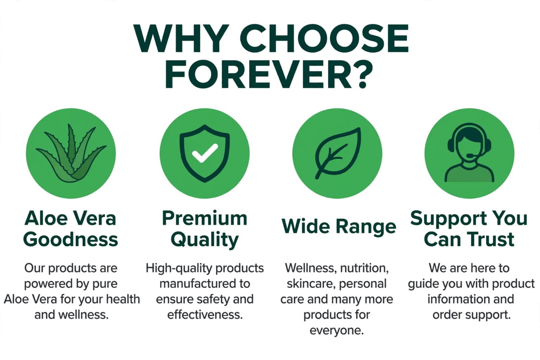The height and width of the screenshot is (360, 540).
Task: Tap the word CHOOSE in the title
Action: coord(324,38)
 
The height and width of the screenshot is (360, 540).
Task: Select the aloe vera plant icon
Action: coord(71,153)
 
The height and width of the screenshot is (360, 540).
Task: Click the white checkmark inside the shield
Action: coord(205,153)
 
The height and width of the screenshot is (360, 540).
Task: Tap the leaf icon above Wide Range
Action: coord(338,153)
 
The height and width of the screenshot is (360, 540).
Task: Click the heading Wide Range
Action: coord(339,226)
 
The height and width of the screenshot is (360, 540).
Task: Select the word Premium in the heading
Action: coord(205,218)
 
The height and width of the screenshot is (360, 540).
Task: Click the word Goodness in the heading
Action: coord(71,240)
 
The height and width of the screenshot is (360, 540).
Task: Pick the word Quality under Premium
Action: coord(205,240)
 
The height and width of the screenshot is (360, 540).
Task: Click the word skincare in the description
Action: coord(310,284)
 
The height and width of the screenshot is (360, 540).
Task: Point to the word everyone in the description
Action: coord(337,331)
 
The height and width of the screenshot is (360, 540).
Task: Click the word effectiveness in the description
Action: coord(205,315)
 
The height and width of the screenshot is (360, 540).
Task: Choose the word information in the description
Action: coord(455,299)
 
